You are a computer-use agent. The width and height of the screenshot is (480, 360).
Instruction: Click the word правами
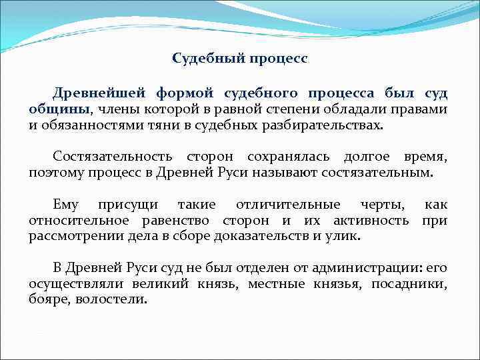pos(420,109)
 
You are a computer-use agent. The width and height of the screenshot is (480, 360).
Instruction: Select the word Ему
pos(65,205)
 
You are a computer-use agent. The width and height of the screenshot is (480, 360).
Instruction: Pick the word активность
pos(369,221)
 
